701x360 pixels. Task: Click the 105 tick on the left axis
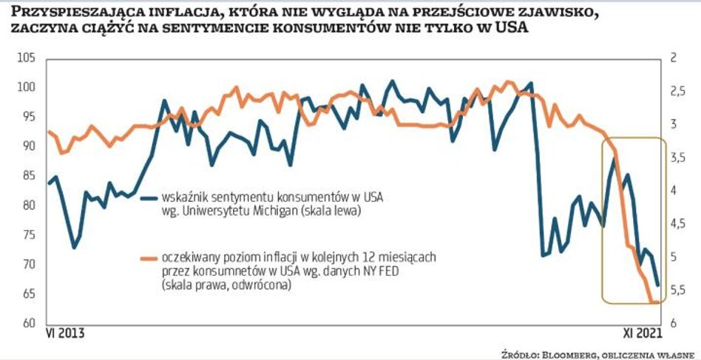[x=27, y=58]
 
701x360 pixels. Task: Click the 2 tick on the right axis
[x=674, y=58]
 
